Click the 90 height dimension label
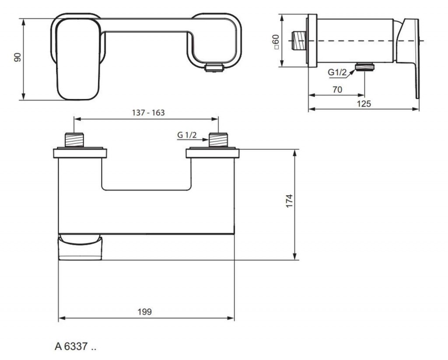coord(17,57)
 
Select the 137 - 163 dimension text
coord(148,113)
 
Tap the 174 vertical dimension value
coord(290,201)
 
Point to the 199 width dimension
coord(144,311)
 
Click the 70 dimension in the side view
coord(337,89)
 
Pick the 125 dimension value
coord(364,103)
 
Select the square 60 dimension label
coord(276,42)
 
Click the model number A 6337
coord(75,346)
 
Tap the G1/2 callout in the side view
coord(337,72)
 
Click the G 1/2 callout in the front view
coord(187,135)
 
